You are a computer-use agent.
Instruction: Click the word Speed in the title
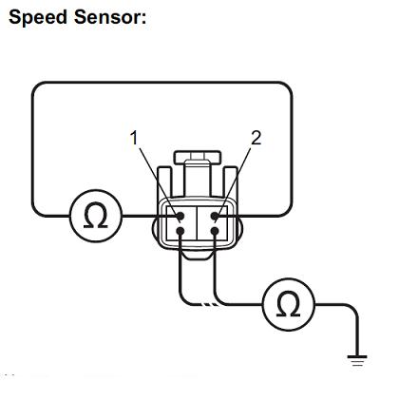(38, 17)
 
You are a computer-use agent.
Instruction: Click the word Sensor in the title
(110, 16)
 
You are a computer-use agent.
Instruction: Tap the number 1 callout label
(134, 138)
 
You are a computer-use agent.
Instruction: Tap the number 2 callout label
(256, 138)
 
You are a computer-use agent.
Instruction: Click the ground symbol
(357, 361)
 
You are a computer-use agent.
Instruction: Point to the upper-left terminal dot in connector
(180, 217)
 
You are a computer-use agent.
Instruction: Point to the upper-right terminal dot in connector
(215, 217)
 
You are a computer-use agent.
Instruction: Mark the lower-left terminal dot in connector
(180, 231)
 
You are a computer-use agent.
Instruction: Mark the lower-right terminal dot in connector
(215, 231)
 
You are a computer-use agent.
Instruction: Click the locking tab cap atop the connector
(198, 157)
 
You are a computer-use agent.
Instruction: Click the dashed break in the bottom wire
(210, 305)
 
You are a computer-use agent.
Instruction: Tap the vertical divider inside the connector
(198, 222)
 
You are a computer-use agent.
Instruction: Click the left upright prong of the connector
(163, 183)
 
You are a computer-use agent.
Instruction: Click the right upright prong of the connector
(231, 183)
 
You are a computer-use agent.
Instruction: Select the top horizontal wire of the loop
(161, 83)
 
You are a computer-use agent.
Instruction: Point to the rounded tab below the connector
(198, 255)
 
